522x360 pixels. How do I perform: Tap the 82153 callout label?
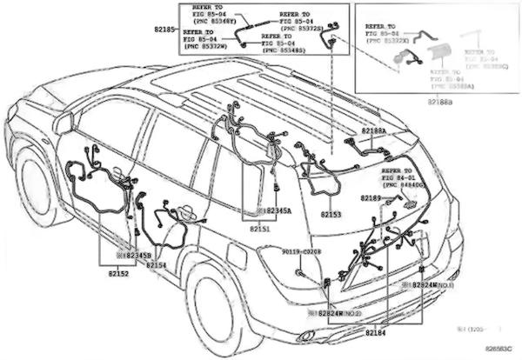click(x=331, y=213)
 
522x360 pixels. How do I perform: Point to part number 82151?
click(x=260, y=228)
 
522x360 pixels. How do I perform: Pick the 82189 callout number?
click(x=371, y=198)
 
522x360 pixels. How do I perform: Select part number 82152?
click(x=118, y=273)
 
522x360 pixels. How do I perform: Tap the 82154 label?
click(x=156, y=264)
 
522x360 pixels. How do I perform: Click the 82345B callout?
click(x=137, y=255)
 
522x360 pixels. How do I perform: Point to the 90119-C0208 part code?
click(x=302, y=251)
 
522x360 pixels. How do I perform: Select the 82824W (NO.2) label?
click(x=338, y=311)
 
